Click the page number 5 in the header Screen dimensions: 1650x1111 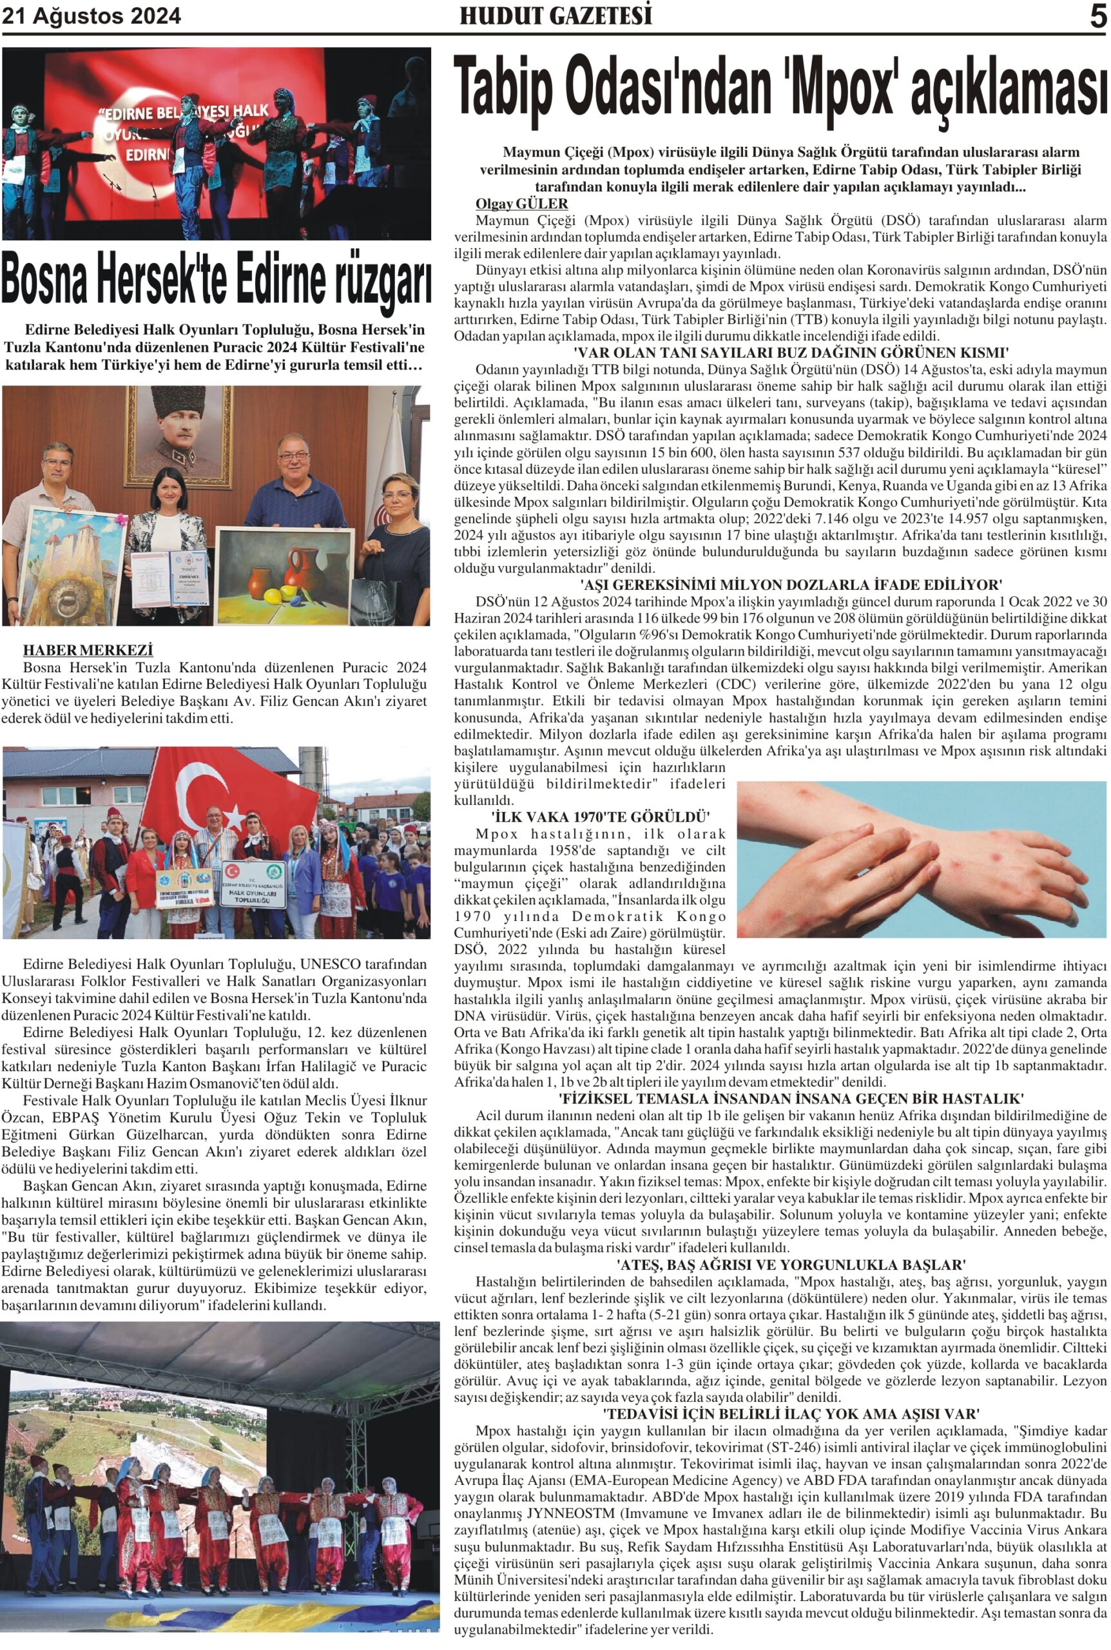1097,16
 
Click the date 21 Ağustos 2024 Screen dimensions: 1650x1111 92,16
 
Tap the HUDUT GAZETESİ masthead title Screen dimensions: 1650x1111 555,16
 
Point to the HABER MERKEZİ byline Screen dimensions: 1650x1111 88,650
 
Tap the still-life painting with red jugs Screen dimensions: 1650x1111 284,574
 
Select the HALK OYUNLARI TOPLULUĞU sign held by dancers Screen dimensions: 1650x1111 253,885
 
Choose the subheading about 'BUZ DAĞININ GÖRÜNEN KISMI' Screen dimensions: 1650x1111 791,353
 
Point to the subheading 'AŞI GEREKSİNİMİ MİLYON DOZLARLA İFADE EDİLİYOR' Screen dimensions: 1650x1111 791,585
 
